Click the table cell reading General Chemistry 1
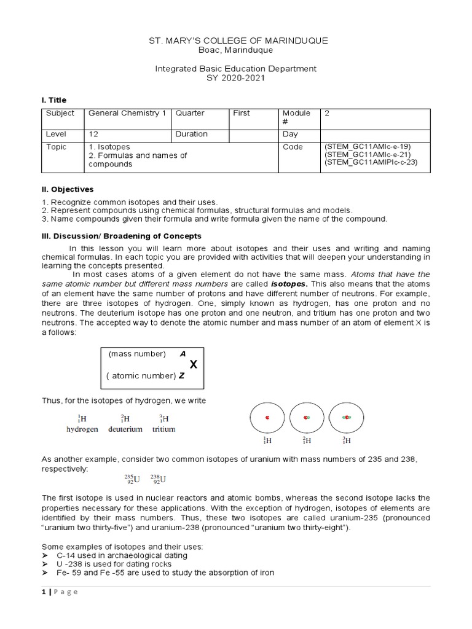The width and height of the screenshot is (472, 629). point(127,114)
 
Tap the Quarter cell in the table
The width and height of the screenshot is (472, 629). point(191,114)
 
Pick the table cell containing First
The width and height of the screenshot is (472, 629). point(242,114)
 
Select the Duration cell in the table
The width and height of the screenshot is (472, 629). point(192,134)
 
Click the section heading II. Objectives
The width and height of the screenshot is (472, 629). point(68,189)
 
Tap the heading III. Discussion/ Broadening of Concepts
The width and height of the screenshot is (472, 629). point(121,236)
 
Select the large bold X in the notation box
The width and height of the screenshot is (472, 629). point(193,365)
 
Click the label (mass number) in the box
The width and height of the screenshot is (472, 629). point(137,354)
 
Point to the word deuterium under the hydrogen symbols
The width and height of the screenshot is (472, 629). point(125,429)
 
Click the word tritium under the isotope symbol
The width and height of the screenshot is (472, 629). point(163,429)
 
